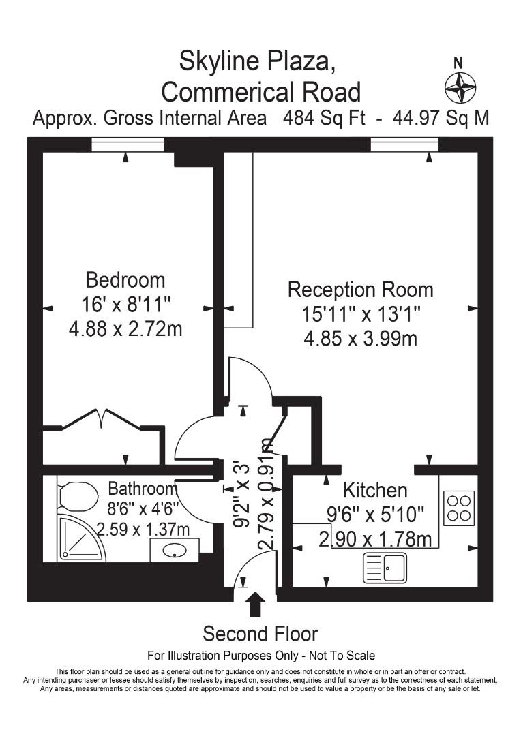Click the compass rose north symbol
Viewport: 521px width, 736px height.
click(x=460, y=88)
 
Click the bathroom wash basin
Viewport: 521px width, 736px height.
click(x=175, y=550)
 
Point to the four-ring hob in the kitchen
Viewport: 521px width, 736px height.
click(x=459, y=508)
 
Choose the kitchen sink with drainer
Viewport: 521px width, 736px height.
click(x=385, y=568)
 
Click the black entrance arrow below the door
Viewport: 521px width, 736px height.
click(x=256, y=604)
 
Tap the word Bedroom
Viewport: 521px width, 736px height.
click(x=125, y=280)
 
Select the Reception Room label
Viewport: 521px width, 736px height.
click(x=360, y=290)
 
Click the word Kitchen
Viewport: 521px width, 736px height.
click(x=375, y=491)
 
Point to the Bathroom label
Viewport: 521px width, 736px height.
click(x=143, y=489)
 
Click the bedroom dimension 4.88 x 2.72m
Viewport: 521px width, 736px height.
click(x=125, y=328)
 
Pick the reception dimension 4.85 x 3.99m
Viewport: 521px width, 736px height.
click(x=360, y=339)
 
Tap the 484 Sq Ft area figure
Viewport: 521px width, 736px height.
click(x=324, y=117)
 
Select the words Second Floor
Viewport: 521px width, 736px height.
click(x=260, y=634)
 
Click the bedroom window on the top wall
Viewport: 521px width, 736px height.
click(x=128, y=144)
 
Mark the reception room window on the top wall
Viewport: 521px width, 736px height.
click(x=404, y=144)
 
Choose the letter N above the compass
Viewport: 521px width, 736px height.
click(x=458, y=63)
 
